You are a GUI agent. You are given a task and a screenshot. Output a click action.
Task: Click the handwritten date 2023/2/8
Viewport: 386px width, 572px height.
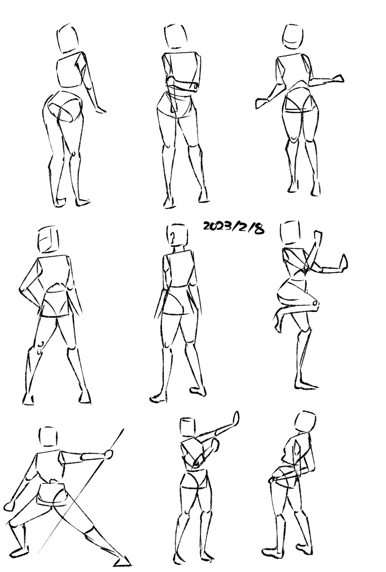[x=234, y=227]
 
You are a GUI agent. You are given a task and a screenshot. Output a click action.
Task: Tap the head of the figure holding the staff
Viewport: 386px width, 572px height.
[x=48, y=436]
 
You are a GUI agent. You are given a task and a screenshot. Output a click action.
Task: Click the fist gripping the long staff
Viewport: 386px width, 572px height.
[x=108, y=454]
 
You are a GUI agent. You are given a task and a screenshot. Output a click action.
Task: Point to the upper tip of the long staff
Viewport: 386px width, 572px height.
[x=123, y=429]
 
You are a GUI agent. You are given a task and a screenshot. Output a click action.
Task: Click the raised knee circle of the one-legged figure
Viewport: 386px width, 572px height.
[x=315, y=304]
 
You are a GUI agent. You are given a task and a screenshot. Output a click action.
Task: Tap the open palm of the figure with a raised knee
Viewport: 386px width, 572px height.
[x=343, y=262]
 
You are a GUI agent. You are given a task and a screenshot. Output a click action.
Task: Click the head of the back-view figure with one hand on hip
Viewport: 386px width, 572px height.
[x=48, y=240]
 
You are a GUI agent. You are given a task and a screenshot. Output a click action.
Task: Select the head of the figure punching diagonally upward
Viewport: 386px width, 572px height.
[x=188, y=427]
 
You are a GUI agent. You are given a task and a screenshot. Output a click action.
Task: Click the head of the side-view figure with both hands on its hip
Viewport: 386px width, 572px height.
[x=305, y=421]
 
